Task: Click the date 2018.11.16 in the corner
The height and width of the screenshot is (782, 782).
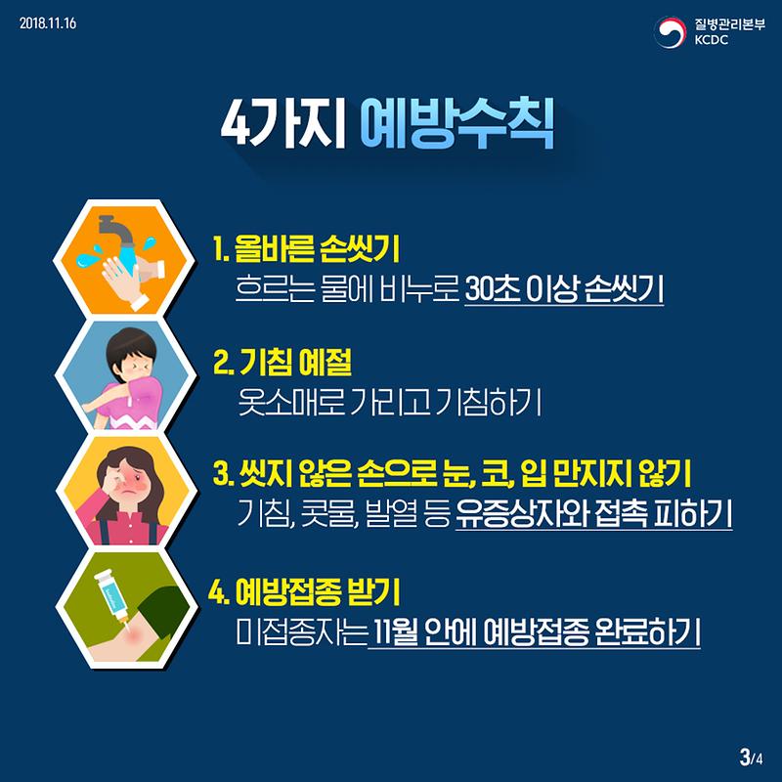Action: pos(48,22)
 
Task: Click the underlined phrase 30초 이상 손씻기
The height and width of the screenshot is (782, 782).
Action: pos(565,290)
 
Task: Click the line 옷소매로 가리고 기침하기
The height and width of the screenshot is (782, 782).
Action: pos(389,401)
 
